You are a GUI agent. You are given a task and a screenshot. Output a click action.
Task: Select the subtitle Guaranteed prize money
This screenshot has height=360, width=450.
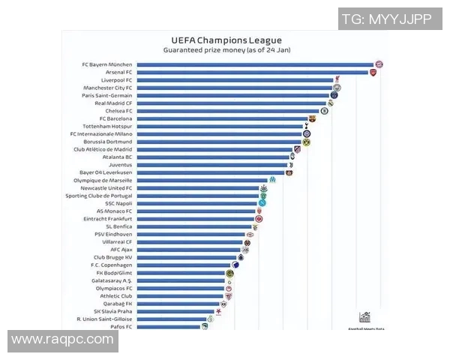pos(225,49)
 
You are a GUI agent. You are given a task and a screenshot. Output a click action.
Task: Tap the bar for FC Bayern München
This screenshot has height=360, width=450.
pos(255,64)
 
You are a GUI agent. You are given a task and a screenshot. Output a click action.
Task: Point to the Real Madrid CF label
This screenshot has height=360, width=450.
pos(113,103)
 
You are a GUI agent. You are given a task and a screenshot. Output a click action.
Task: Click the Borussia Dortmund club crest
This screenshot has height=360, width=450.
pos(306,142)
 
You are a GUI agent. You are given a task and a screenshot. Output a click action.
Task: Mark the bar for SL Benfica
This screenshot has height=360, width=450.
pos(195,226)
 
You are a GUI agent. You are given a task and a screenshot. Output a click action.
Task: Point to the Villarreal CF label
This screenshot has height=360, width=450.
pos(118,241)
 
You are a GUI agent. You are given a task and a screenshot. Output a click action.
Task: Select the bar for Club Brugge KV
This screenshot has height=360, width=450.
pos(187,257)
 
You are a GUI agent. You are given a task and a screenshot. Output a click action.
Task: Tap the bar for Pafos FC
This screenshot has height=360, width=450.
pos(168,327)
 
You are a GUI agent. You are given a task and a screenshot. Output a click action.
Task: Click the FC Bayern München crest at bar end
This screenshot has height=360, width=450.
pos(379,64)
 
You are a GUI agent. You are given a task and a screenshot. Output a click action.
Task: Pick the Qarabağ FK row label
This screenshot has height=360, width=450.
pos(118,304)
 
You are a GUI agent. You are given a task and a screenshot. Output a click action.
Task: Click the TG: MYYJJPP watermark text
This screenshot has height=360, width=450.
pos(386,19)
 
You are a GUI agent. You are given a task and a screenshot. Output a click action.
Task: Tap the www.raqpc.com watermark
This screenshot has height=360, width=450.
pos(63,340)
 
